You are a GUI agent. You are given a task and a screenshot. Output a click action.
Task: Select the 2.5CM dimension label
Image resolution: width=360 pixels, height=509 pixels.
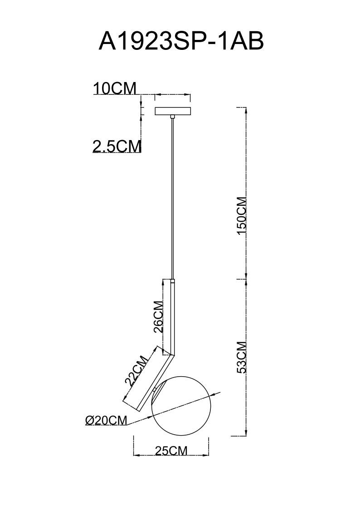117,146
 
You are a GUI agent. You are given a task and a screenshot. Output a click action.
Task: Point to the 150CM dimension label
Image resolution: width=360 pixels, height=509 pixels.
242,216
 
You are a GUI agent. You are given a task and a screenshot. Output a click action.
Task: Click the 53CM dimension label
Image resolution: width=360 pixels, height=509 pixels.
242,358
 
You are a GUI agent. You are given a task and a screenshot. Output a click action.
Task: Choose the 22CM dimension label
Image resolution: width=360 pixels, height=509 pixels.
136,370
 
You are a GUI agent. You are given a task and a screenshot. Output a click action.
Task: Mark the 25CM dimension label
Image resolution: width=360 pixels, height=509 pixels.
171,451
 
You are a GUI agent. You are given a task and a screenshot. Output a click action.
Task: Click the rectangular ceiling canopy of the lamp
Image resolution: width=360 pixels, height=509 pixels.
172,111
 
